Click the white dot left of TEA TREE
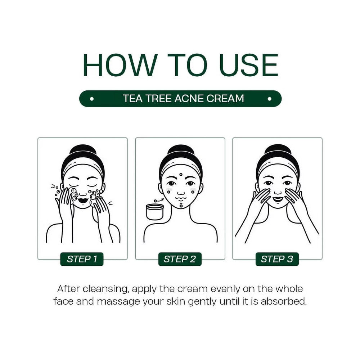pyautogui.click(x=92, y=99)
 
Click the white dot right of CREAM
pyautogui.click(x=270, y=99)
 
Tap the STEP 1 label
pyautogui.click(x=82, y=259)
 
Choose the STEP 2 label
pyautogui.click(x=180, y=259)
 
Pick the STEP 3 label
pyautogui.click(x=277, y=259)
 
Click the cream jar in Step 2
pyautogui.click(x=155, y=212)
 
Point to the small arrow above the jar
pyautogui.click(x=159, y=200)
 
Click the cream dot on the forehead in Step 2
pyautogui.click(x=181, y=175)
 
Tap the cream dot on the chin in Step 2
pyautogui.click(x=181, y=206)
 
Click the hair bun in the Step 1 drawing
pyautogui.click(x=83, y=150)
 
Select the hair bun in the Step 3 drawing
pyautogui.click(x=278, y=150)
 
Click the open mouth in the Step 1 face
pyautogui.click(x=83, y=200)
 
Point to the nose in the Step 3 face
pyautogui.click(x=278, y=192)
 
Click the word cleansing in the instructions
pyautogui.click(x=105, y=289)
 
